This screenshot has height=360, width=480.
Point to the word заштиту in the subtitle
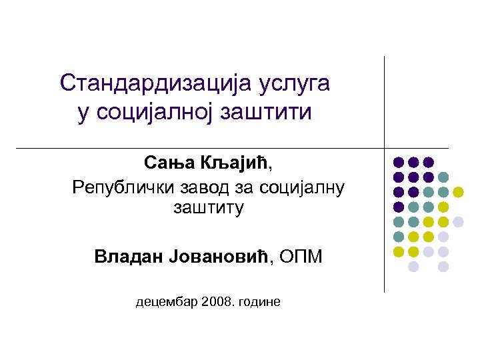[x=209, y=208]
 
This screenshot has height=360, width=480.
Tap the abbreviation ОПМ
[x=302, y=255]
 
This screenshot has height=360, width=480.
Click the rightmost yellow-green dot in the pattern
[x=459, y=192]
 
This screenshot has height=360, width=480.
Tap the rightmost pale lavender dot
[x=459, y=221]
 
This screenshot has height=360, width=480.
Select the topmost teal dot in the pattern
[x=443, y=177]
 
